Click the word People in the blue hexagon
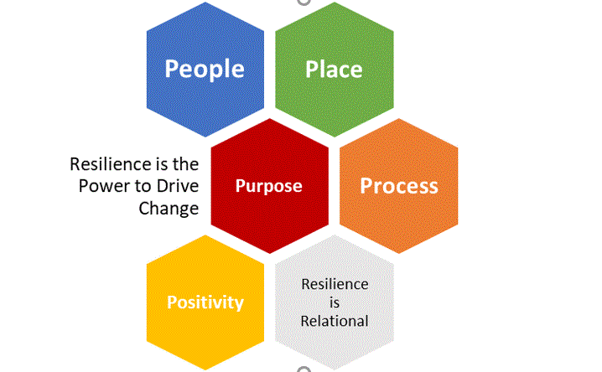click(205, 68)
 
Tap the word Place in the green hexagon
click(334, 68)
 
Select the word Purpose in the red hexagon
click(268, 185)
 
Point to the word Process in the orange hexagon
click(399, 185)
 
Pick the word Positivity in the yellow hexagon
click(205, 302)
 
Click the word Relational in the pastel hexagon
click(335, 320)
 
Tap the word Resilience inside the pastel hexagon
click(335, 284)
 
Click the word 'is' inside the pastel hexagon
click(335, 302)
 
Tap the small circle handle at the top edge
click(302, 3)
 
